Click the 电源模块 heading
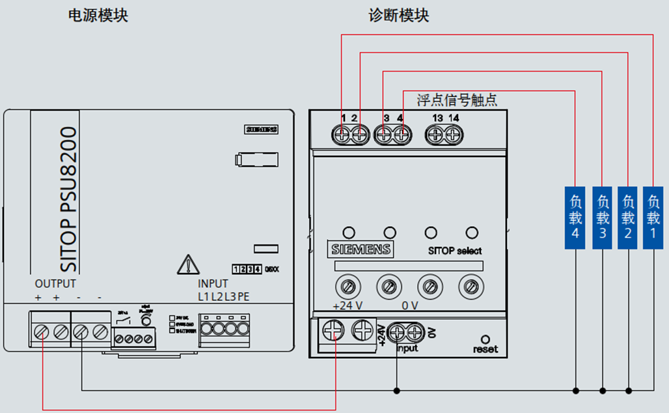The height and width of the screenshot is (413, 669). pos(98,16)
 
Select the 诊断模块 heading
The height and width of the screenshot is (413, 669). pos(399,16)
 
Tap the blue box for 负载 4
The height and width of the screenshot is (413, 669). pos(576,217)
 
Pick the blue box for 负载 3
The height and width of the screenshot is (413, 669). pos(603,217)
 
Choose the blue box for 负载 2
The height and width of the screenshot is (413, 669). pos(628,217)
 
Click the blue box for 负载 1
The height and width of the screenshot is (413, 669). pos(653,217)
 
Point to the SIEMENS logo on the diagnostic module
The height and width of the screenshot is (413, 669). pos(361,249)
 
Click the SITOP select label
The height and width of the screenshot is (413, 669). pos(455,251)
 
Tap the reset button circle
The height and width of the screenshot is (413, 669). pos(485,339)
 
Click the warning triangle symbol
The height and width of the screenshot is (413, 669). pos(187,264)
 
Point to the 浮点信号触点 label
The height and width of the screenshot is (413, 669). pos(457,100)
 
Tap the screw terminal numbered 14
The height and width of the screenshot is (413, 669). pos(454,135)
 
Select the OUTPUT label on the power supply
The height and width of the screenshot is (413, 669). pos(55,284)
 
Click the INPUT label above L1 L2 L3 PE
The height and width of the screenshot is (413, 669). pos(213,284)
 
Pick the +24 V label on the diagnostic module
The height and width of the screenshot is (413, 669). pos(347,306)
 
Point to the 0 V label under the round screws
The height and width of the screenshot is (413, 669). pos(410,306)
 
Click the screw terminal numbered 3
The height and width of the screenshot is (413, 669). pos(385,135)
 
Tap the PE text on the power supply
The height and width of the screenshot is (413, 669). pos(243,297)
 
